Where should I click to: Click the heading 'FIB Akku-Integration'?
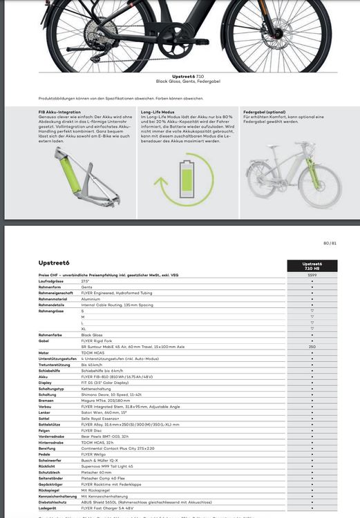click(x=59, y=112)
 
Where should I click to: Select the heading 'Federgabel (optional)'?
click(x=265, y=112)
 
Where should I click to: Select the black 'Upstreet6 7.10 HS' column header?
click(x=312, y=266)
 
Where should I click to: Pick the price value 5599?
click(x=312, y=276)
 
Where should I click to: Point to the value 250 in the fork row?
click(x=312, y=347)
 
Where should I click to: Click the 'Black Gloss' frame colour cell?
click(x=92, y=334)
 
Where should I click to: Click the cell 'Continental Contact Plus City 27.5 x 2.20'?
click(x=118, y=448)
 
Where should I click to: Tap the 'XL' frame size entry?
click(x=84, y=328)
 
